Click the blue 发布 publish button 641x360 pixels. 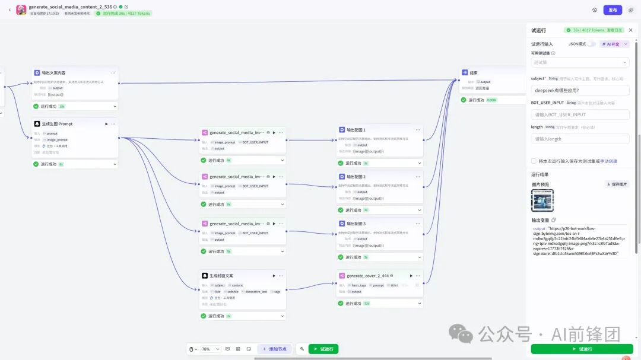tap(613, 10)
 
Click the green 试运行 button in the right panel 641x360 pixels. tap(582, 349)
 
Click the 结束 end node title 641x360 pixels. tap(474, 72)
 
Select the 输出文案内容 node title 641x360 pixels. tap(53, 72)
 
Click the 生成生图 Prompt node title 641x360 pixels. tap(57, 124)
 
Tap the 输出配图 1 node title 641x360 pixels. tap(356, 129)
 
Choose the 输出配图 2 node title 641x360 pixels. tap(356, 177)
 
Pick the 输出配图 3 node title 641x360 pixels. tap(356, 224)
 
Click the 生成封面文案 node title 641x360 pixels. tap(221, 276)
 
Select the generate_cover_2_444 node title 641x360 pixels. tap(367, 276)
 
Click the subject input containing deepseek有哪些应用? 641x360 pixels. tap(580, 91)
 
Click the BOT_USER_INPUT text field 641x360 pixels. tap(580, 114)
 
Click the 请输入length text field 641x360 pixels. tap(580, 139)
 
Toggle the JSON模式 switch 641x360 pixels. tap(591, 44)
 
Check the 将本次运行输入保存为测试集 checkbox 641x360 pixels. tap(534, 161)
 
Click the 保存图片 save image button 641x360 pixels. tap(617, 184)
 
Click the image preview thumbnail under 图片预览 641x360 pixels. tap(542, 200)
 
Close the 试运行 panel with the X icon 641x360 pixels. tap(630, 30)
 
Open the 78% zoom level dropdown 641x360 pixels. tap(210, 349)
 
